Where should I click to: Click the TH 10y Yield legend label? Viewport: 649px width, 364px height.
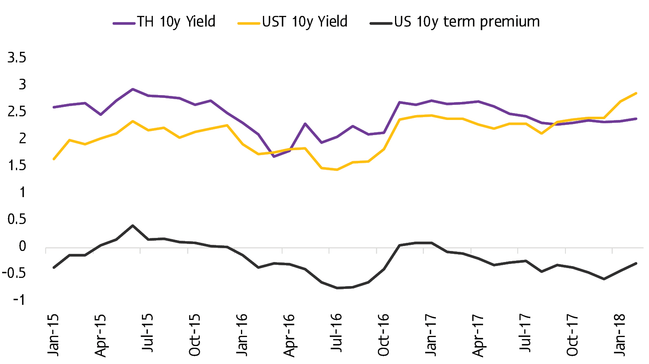pyautogui.click(x=176, y=22)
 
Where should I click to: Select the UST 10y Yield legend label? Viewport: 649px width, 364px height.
pyautogui.click(x=305, y=22)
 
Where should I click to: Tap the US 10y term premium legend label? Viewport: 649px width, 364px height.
pyautogui.click(x=467, y=22)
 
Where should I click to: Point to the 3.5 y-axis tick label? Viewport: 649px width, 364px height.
pyautogui.click(x=17, y=58)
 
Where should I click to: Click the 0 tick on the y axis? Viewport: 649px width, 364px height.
pyautogui.click(x=22, y=246)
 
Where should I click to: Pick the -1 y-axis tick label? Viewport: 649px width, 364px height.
pyautogui.click(x=19, y=300)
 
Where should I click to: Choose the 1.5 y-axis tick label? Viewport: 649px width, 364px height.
pyautogui.click(x=17, y=166)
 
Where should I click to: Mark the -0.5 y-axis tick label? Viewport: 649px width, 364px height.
pyautogui.click(x=14, y=273)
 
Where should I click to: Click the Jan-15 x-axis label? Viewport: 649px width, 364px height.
pyautogui.click(x=53, y=335)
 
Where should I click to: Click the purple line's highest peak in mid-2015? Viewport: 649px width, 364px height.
pyautogui.click(x=132, y=89)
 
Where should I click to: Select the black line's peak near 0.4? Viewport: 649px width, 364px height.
pyautogui.click(x=132, y=226)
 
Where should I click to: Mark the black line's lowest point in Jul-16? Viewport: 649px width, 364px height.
pyautogui.click(x=337, y=288)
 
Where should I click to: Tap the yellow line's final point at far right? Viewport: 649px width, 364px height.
pyautogui.click(x=636, y=93)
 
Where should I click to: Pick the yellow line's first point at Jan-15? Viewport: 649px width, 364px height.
pyautogui.click(x=54, y=159)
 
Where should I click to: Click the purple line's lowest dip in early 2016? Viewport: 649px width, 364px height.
pyautogui.click(x=274, y=156)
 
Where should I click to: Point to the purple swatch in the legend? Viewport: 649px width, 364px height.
pyautogui.click(x=124, y=23)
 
